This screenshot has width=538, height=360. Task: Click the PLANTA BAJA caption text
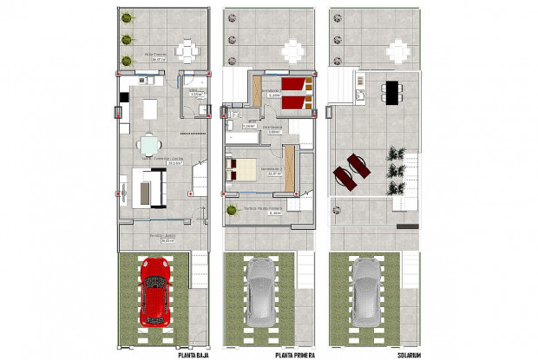196,354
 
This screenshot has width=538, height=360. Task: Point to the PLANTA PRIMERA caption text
295,354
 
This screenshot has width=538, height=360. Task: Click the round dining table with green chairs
152,144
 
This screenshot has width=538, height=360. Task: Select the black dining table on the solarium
390,90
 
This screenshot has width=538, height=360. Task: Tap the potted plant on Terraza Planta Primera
231,209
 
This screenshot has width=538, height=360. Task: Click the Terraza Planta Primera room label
263,209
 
